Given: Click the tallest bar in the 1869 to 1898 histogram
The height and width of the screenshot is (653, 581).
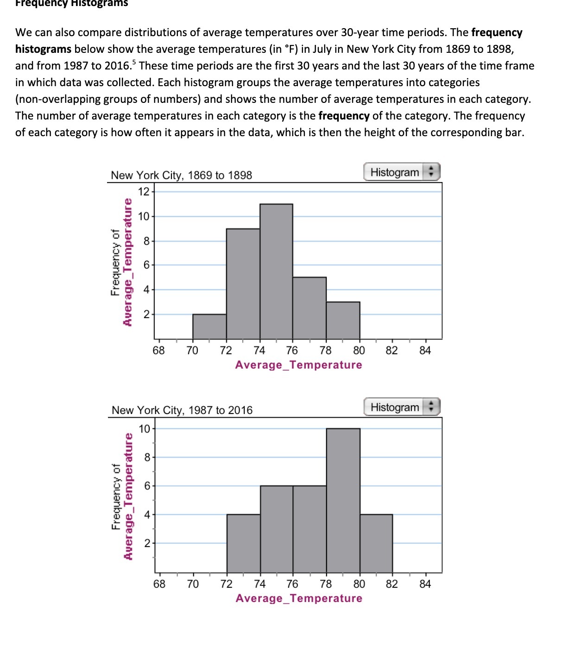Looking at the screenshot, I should coord(276,271).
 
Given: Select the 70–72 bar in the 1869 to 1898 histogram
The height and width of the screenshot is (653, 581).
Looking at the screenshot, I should coord(209,327).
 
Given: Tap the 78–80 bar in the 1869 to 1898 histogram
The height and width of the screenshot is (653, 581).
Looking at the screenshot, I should coord(343,320).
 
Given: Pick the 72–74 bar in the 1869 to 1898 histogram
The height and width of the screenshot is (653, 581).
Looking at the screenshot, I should coord(243,284).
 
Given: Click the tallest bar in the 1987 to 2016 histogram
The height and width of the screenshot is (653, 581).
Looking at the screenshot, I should coord(343,500).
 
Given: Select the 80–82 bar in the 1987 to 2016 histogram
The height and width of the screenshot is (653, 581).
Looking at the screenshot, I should coord(376,543).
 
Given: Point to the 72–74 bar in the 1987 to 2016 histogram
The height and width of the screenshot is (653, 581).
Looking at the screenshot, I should coord(243,543).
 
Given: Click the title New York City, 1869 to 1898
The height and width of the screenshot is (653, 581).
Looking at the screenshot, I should coord(181,176).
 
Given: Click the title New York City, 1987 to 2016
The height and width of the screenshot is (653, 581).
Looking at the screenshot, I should coord(182,410).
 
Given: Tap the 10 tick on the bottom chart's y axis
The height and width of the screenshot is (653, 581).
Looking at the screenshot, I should coord(145,429).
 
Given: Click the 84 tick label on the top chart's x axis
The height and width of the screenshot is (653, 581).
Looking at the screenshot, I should coord(425,351).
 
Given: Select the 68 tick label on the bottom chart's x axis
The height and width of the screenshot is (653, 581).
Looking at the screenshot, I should coord(159,584).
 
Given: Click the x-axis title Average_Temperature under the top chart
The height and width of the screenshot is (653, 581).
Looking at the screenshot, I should coord(298,365).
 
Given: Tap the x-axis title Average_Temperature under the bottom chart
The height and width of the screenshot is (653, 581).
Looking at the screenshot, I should coord(298,598).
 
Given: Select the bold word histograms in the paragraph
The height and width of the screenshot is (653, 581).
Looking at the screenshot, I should coord(43,49).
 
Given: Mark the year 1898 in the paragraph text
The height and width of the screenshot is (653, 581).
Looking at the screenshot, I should coord(499,49).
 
